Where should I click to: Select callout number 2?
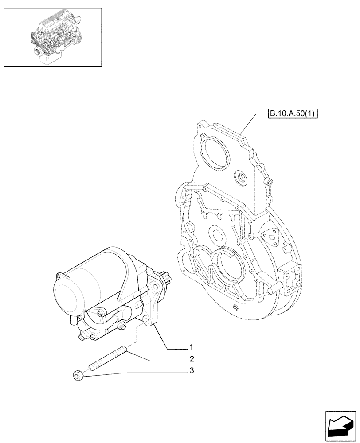(x=191, y=359)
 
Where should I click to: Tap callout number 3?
(x=191, y=371)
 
